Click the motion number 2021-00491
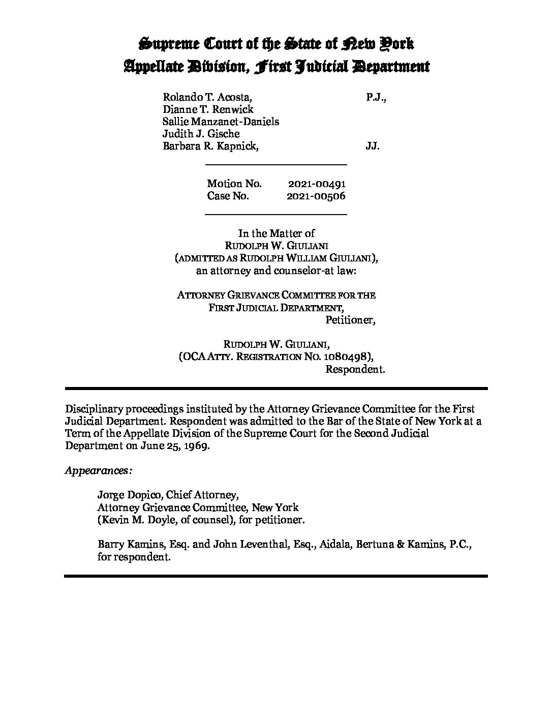click(317, 184)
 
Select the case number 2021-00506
click(316, 196)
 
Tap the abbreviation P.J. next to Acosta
click(376, 97)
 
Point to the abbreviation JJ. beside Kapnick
click(373, 146)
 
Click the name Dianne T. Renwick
click(208, 109)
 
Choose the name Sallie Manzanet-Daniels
click(221, 122)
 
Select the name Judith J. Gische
click(201, 134)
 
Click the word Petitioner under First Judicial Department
click(350, 320)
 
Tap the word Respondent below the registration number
click(355, 369)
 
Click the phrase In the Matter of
click(276, 233)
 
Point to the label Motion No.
click(234, 184)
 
